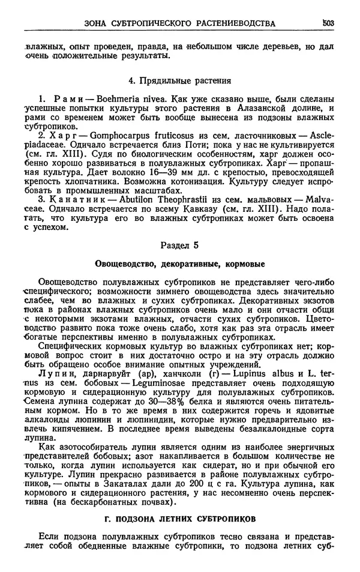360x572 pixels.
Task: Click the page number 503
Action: coord(328,23)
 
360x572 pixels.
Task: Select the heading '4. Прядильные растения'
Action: coord(180,80)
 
